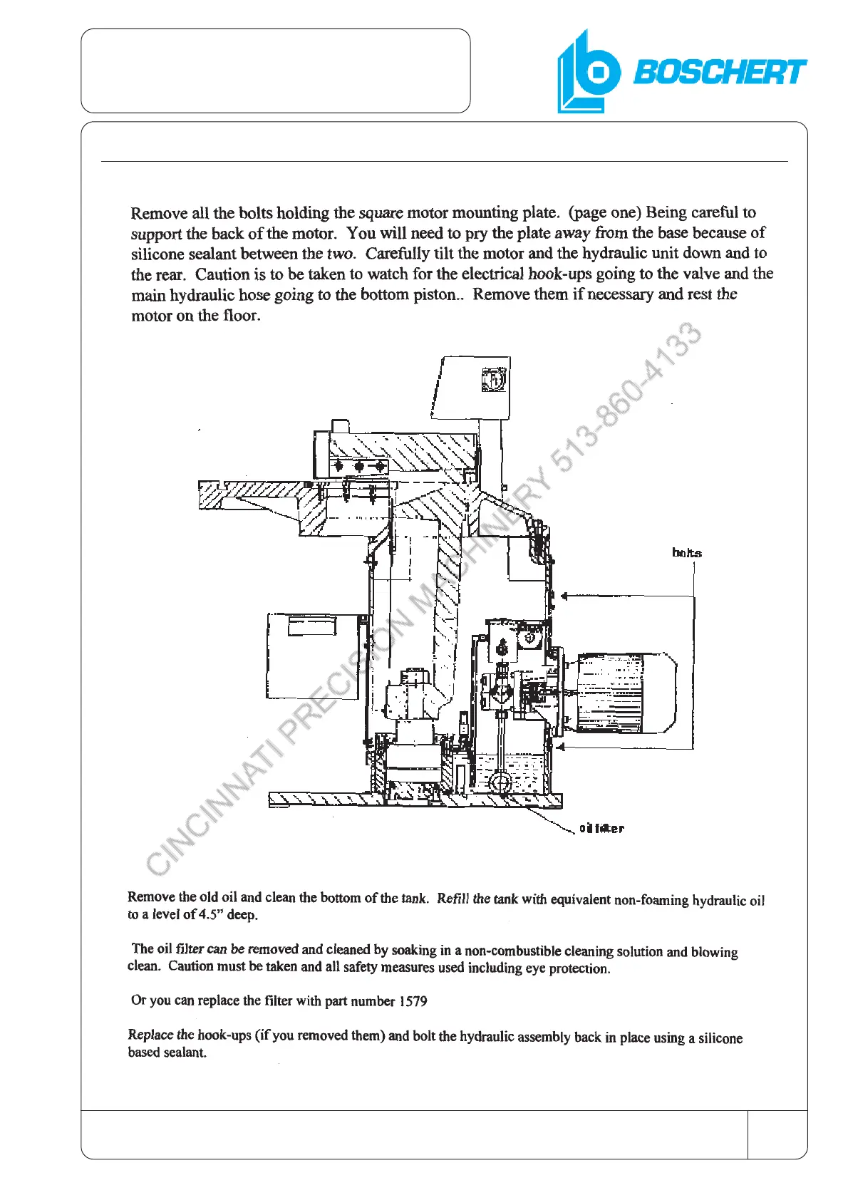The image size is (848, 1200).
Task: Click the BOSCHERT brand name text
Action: [x=719, y=72]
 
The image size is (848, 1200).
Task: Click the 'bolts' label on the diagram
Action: [x=686, y=553]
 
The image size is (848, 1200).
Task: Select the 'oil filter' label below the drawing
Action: [x=601, y=828]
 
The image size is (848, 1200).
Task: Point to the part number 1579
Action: [x=413, y=1001]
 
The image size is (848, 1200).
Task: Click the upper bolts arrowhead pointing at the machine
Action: [x=564, y=596]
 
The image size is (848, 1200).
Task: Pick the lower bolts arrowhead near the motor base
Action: [x=562, y=747]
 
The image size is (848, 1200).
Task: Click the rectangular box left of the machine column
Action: [x=312, y=656]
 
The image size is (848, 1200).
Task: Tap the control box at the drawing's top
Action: [x=472, y=388]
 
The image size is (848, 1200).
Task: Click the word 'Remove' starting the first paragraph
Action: [x=158, y=213]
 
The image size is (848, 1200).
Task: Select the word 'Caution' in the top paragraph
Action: [x=222, y=274]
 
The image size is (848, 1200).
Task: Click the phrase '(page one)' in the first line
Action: [x=605, y=212]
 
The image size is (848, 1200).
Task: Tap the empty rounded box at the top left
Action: [x=275, y=71]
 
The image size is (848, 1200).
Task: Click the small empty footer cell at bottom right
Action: [x=777, y=1134]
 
